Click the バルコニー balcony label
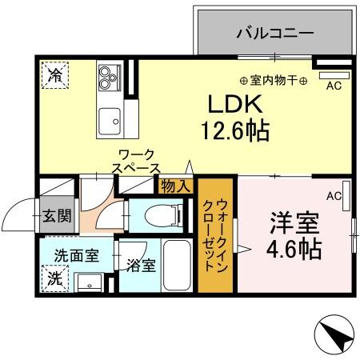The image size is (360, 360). click(274, 34)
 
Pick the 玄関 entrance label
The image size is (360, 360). click(56, 215)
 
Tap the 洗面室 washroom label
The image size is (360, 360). click(76, 256)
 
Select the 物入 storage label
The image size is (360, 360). click(175, 186)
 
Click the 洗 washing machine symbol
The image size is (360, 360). click(54, 279)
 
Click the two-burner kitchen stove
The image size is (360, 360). click(108, 76)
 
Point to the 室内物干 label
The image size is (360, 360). click(273, 80)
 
